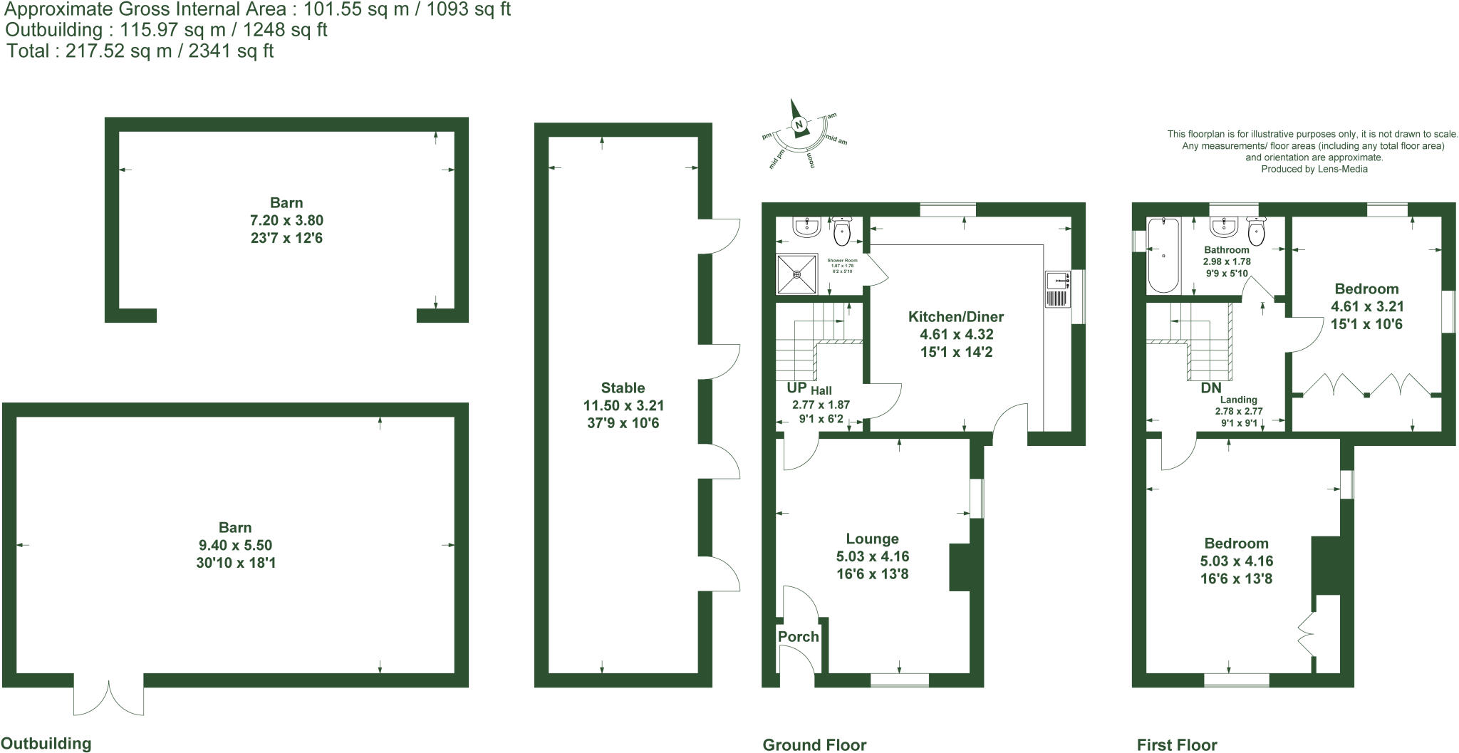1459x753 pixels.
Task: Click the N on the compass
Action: [799, 125]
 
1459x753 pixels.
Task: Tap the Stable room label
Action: [623, 388]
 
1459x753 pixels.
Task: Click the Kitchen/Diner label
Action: [955, 317]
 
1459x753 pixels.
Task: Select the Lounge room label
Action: [872, 539]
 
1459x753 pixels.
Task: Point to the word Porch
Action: [798, 637]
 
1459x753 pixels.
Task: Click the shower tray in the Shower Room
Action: [797, 273]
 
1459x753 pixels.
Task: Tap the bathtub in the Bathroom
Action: [1163, 256]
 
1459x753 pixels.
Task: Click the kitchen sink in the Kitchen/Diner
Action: [1057, 289]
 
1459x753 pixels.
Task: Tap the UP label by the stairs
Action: [796, 388]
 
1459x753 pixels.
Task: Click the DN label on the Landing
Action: [1211, 388]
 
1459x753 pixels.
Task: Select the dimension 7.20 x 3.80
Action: [286, 221]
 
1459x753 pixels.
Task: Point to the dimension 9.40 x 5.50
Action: [235, 546]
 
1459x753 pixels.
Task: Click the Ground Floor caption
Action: [814, 745]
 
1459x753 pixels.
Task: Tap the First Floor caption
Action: [1177, 745]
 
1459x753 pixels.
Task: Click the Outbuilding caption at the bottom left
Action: [46, 744]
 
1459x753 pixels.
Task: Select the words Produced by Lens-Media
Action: [1314, 170]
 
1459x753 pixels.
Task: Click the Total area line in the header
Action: [140, 51]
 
